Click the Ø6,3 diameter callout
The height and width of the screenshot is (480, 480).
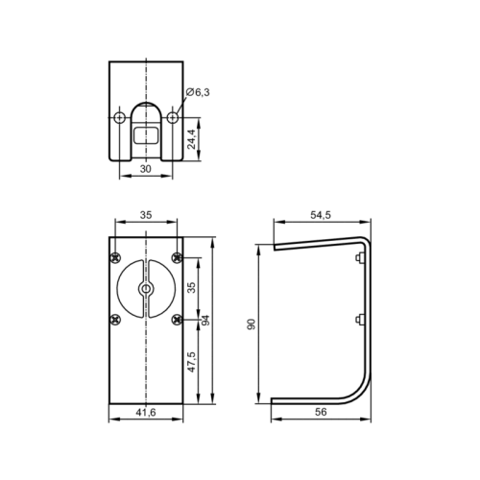(x=198, y=92)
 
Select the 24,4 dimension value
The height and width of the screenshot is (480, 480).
(x=191, y=139)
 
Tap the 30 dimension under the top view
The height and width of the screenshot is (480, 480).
(x=146, y=169)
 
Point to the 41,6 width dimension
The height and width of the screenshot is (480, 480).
(x=146, y=413)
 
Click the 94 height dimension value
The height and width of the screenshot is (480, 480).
(x=205, y=321)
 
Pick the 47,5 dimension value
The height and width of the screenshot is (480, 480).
(x=191, y=362)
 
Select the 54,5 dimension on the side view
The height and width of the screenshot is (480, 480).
(x=321, y=215)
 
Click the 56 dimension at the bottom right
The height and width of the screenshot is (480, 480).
(x=321, y=412)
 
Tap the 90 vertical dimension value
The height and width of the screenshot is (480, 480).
(x=252, y=324)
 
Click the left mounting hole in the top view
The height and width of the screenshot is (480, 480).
(x=120, y=117)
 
